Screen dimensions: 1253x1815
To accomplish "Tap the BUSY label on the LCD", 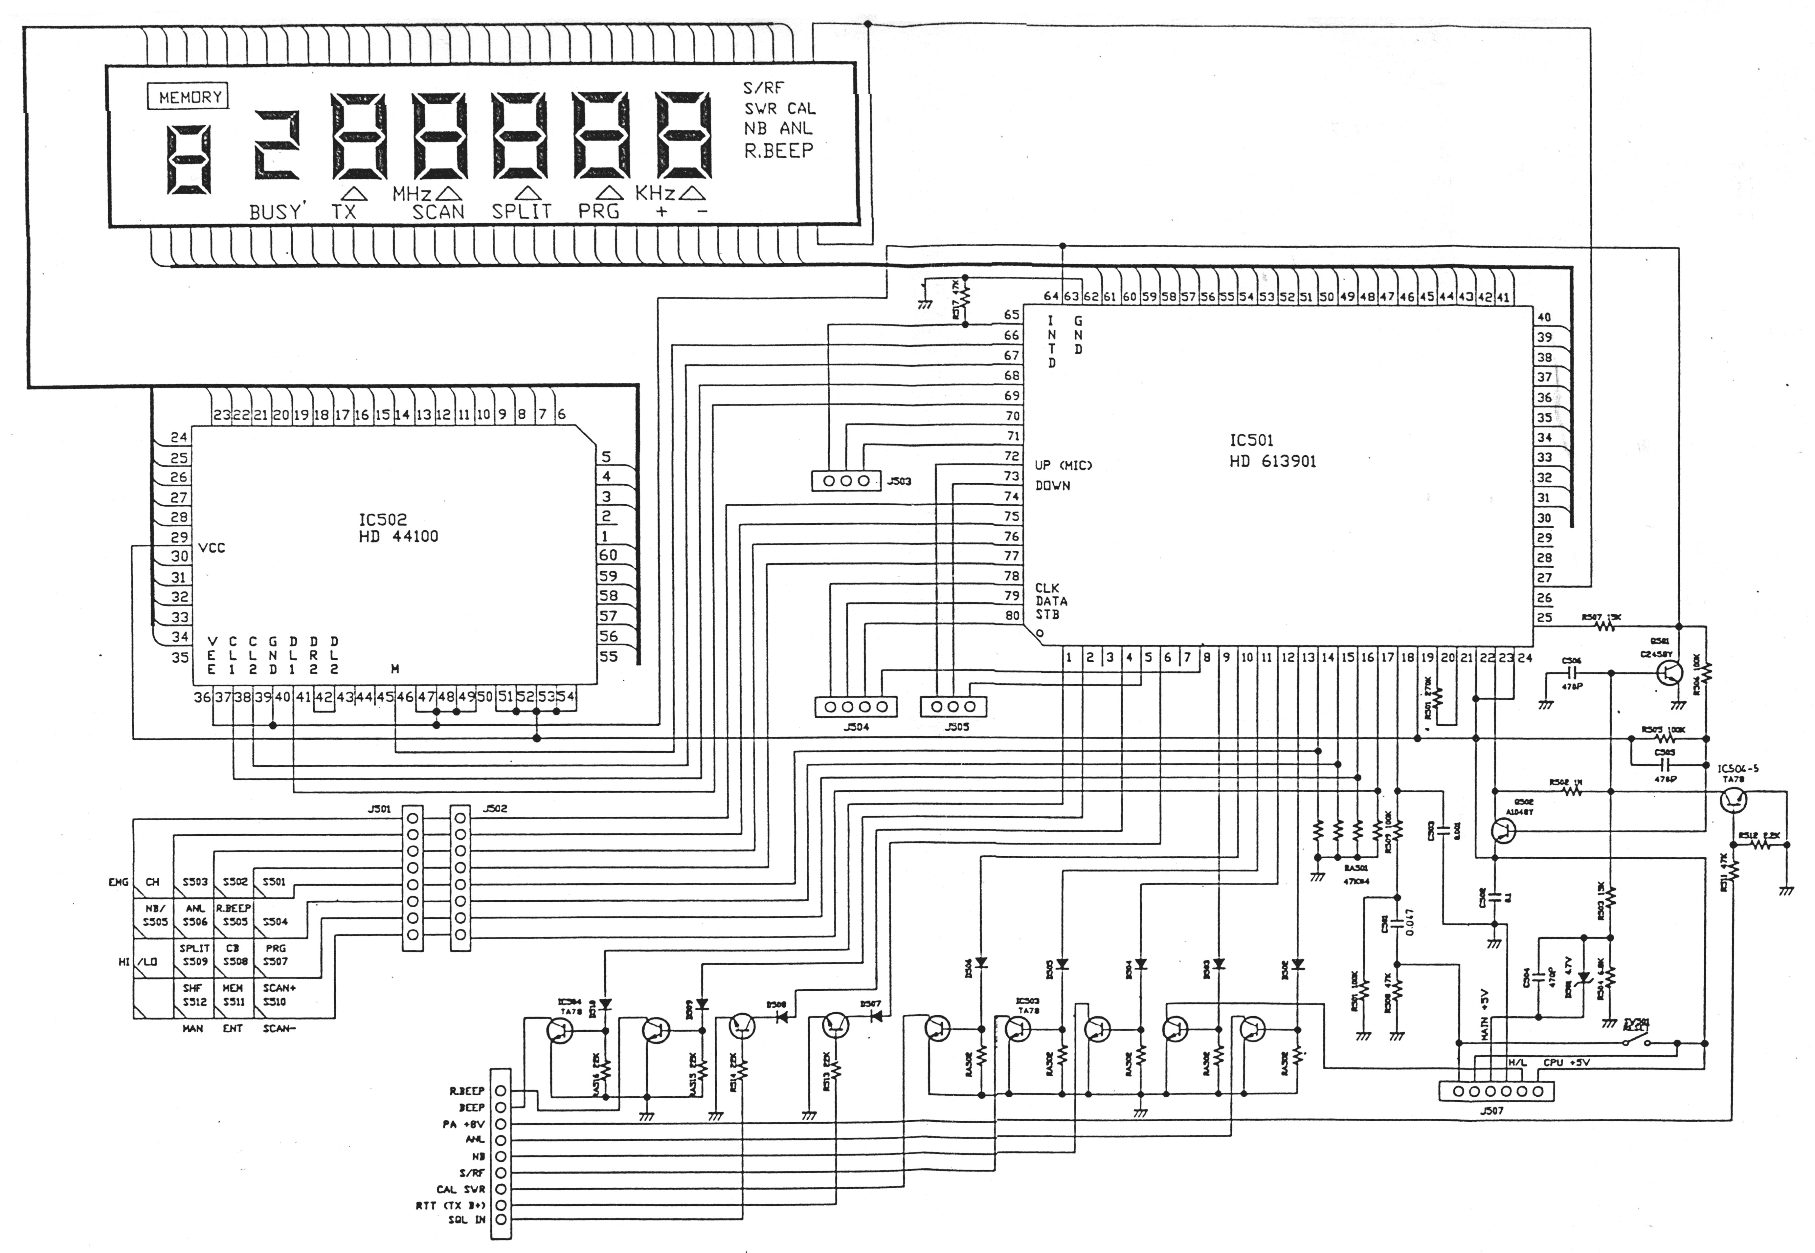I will [x=275, y=212].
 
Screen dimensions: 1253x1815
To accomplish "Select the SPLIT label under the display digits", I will [x=522, y=211].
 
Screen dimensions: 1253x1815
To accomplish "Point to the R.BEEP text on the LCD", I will [x=778, y=151].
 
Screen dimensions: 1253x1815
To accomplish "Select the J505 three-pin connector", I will [x=952, y=707].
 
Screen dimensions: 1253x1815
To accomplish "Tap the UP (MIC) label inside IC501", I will [x=1063, y=466].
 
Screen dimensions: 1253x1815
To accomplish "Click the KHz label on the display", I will [x=655, y=193].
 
